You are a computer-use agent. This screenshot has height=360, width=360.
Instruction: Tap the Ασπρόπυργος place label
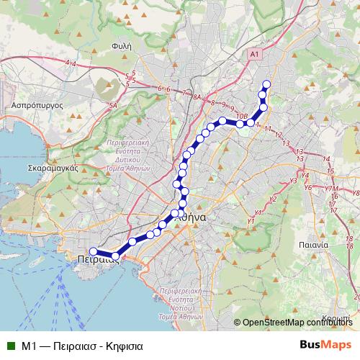tap(33, 104)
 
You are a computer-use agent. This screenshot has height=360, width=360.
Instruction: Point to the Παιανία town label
tap(314, 245)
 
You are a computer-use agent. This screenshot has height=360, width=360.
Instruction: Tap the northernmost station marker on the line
tap(266, 84)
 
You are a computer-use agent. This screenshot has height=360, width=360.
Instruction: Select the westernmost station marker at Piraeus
tap(93, 251)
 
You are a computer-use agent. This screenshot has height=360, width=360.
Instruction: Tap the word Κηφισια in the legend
tap(123, 346)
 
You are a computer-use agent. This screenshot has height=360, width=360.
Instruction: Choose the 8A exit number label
tap(197, 96)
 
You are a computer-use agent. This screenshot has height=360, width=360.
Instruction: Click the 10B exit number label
tap(242, 115)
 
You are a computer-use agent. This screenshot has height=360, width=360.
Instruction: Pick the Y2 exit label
tap(272, 199)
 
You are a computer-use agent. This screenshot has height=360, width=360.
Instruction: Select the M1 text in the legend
tap(29, 346)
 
